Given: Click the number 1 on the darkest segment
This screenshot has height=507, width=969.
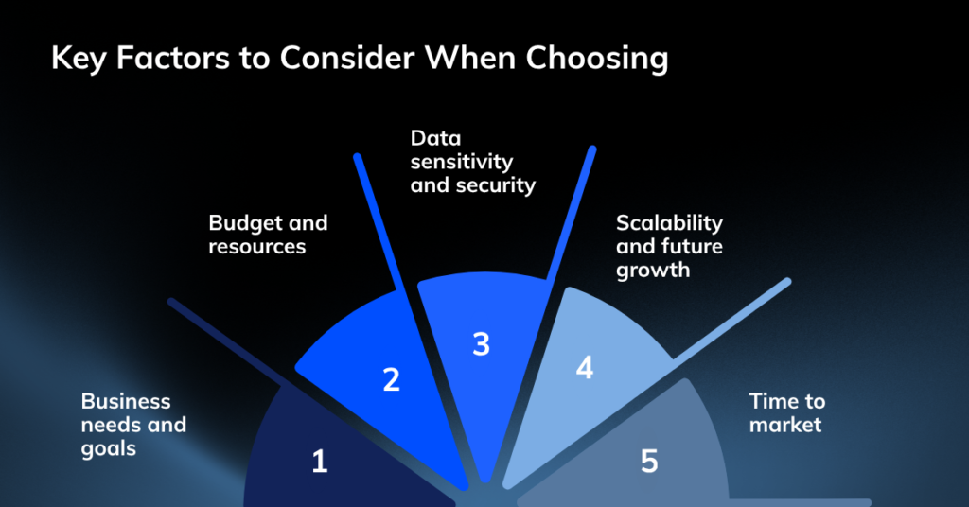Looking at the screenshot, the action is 320,462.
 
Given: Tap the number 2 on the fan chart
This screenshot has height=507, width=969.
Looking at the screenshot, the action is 391,380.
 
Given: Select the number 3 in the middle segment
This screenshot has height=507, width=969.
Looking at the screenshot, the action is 482,344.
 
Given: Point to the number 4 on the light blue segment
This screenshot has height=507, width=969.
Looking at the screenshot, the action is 585,368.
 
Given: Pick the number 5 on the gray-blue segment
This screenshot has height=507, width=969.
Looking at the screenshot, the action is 649,462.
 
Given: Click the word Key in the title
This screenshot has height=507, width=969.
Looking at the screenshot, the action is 79,60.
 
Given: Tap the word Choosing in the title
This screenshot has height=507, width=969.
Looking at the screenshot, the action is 597,60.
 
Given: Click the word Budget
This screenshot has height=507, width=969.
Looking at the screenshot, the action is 241,223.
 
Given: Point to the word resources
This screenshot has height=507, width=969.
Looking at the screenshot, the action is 257,246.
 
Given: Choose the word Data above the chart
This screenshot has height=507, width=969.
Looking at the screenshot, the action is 435,138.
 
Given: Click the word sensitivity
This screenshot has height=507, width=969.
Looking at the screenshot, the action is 462,162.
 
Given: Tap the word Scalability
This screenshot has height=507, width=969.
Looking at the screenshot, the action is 669,223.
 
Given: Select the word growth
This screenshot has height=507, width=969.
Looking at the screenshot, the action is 653,271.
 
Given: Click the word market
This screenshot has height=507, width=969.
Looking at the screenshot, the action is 785,425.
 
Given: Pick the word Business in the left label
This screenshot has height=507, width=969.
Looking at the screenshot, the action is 126,401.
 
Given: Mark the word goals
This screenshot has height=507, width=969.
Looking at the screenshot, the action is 109,449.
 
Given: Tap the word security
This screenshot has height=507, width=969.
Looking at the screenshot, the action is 501,186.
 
